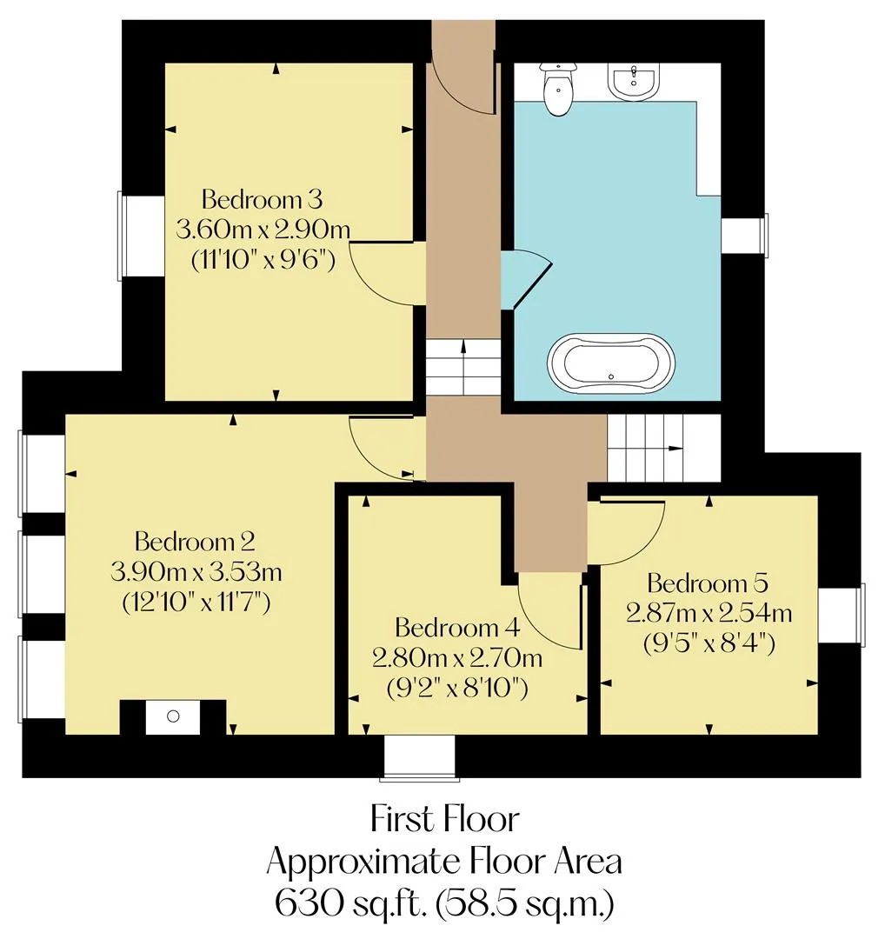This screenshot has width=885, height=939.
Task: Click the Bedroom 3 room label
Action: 263,199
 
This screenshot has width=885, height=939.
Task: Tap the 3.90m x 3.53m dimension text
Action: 196,572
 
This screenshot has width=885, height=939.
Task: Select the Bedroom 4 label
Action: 457,628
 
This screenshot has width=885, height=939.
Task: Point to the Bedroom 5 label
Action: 708,583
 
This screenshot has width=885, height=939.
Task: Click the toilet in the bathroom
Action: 557,89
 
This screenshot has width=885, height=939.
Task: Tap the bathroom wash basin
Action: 634,82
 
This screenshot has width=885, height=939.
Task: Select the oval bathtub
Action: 611,364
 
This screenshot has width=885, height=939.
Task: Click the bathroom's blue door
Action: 524,278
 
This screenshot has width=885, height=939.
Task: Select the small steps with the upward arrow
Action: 463,367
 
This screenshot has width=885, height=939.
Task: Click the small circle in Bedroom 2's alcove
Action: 173,716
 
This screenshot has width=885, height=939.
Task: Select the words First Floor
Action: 444,819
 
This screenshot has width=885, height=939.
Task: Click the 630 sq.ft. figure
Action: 350,903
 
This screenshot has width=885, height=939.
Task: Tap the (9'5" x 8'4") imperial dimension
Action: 709,643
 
